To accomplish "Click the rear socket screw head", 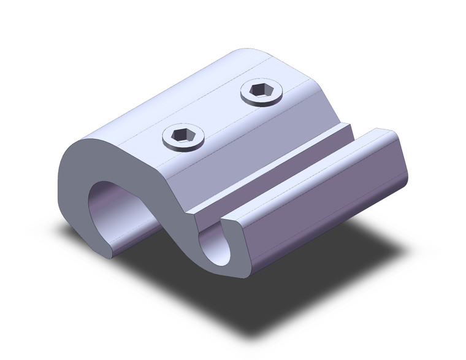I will coord(262,93).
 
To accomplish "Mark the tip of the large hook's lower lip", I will coord(110,251).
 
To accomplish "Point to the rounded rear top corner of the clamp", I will coord(245,52).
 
